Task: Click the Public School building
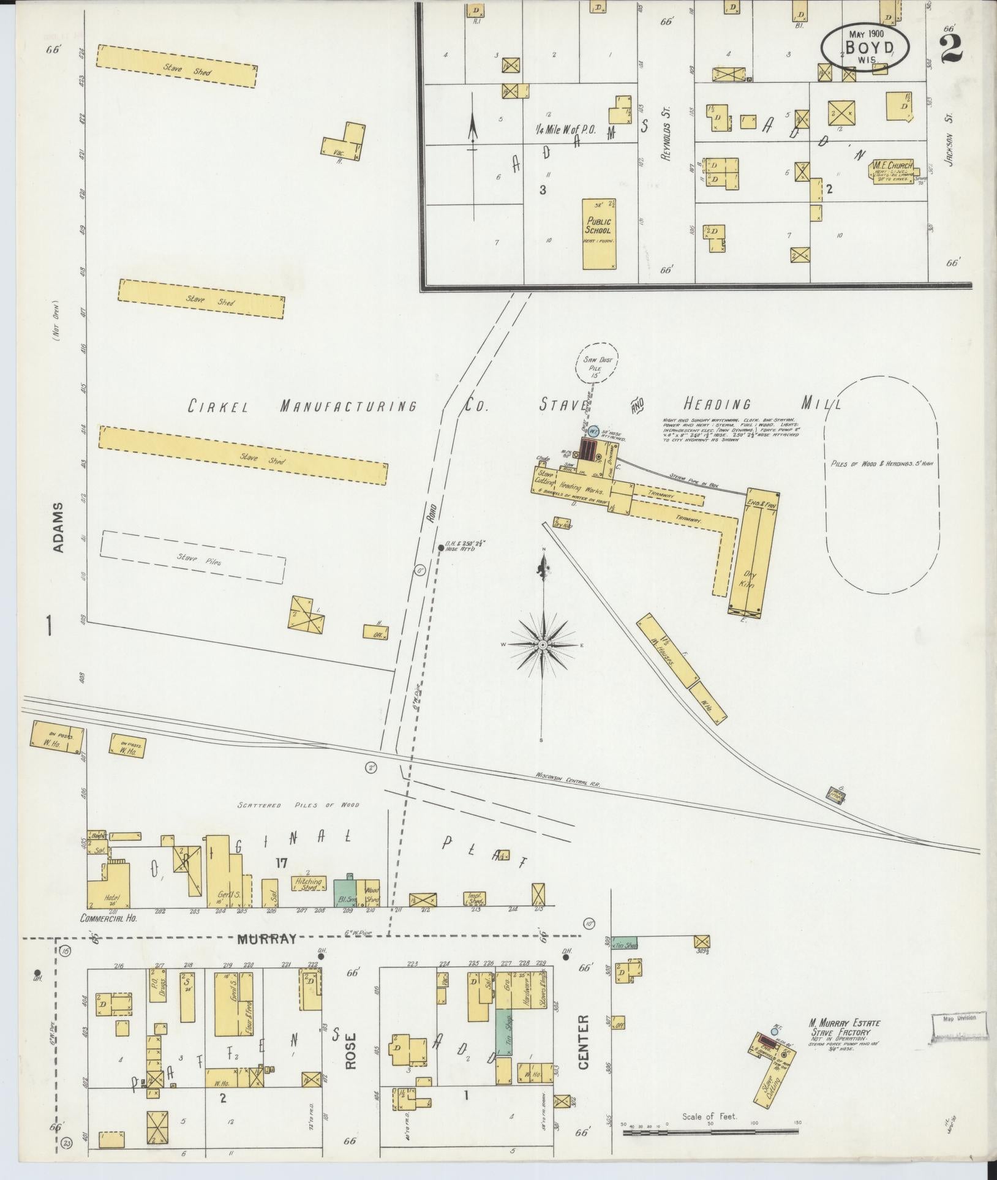point(598,234)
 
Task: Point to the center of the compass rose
point(543,645)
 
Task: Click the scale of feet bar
point(711,1133)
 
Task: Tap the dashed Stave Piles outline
point(192,557)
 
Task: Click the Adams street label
point(58,528)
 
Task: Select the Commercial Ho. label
point(108,919)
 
